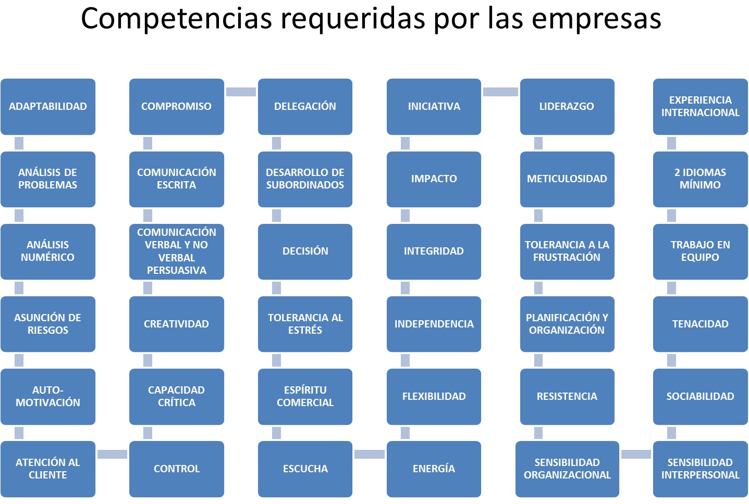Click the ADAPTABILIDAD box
[48, 106]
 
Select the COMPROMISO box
[176, 106]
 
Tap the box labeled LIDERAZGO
[567, 106]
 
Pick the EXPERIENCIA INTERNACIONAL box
[700, 106]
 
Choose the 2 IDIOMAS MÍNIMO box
[700, 179]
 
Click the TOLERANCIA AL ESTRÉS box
[305, 324]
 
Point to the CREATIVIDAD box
[176, 324]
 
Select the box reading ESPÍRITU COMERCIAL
[305, 396]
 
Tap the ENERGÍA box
[434, 469]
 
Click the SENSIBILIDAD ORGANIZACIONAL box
[567, 469]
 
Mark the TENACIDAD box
[700, 324]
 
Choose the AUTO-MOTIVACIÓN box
[48, 396]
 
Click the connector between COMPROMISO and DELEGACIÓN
[241, 92]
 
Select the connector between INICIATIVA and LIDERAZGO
[500, 92]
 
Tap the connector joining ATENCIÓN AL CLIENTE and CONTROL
[112, 454]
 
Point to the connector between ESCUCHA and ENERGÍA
[370, 454]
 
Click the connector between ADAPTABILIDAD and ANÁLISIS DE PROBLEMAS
[19, 143]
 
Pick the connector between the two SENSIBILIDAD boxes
[636, 454]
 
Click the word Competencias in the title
[177, 19]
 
